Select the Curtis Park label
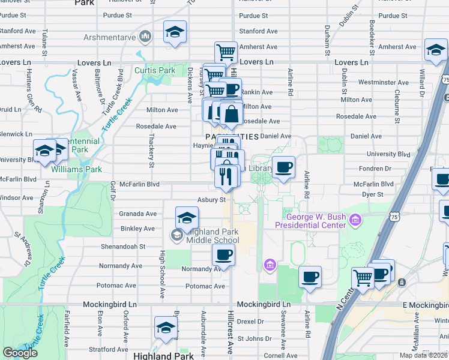click(155, 71)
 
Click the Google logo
click(20, 353)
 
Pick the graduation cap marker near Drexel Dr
click(166, 328)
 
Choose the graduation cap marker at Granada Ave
click(187, 218)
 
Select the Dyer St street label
click(372, 194)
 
